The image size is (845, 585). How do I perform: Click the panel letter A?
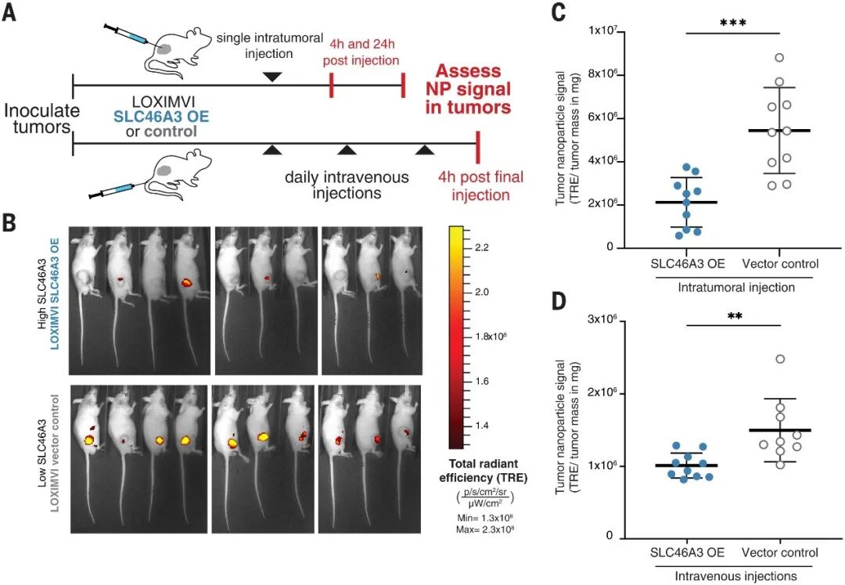11,16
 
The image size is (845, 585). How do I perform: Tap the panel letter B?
11,221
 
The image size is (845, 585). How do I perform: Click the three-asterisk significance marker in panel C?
733,23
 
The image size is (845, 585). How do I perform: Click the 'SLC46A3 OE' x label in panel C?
685,264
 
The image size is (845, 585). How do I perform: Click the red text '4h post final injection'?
480,185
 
